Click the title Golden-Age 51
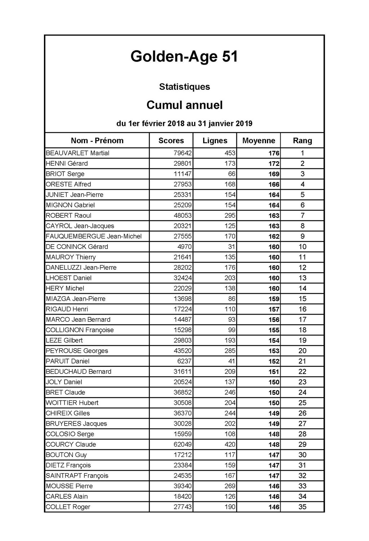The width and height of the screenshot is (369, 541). (184, 57)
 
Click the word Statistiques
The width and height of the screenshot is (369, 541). (184, 87)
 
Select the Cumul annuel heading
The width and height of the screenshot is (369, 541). (184, 105)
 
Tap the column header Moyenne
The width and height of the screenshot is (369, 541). (259, 141)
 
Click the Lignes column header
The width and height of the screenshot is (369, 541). (215, 141)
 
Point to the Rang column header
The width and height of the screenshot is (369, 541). (302, 141)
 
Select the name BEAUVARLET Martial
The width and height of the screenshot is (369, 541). (77, 153)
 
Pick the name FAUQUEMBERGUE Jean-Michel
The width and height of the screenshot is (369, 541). (94, 236)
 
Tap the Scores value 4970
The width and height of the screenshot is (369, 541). (185, 247)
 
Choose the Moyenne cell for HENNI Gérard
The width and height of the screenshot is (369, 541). (274, 163)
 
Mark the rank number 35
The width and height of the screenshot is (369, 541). (302, 507)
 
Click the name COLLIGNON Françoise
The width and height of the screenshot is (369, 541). (80, 330)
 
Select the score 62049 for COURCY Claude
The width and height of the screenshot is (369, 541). (183, 444)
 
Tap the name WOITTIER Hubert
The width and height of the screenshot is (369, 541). (72, 403)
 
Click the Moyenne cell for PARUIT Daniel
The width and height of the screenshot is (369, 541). (274, 361)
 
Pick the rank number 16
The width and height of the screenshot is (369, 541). (302, 309)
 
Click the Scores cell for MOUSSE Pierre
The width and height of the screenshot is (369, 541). (183, 486)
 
